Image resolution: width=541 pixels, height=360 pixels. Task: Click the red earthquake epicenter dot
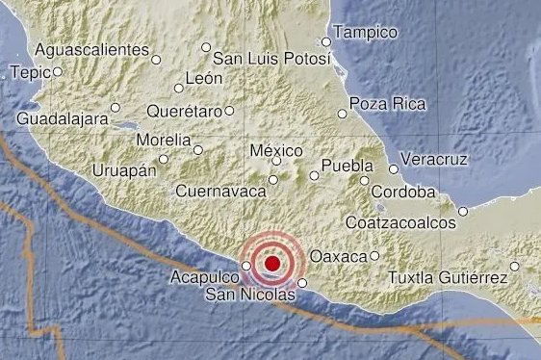click(272, 263)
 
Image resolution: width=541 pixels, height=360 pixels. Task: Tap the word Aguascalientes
click(90, 48)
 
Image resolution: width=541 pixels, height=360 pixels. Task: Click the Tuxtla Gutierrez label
click(448, 278)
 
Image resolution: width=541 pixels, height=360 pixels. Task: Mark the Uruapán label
click(123, 169)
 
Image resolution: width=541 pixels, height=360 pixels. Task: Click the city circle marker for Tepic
click(58, 70)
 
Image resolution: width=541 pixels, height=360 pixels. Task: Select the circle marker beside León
click(179, 87)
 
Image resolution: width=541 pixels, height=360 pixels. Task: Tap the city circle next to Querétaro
click(229, 111)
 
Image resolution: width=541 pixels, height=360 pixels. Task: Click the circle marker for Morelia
click(198, 149)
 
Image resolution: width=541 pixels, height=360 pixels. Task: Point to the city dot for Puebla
click(365, 180)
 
